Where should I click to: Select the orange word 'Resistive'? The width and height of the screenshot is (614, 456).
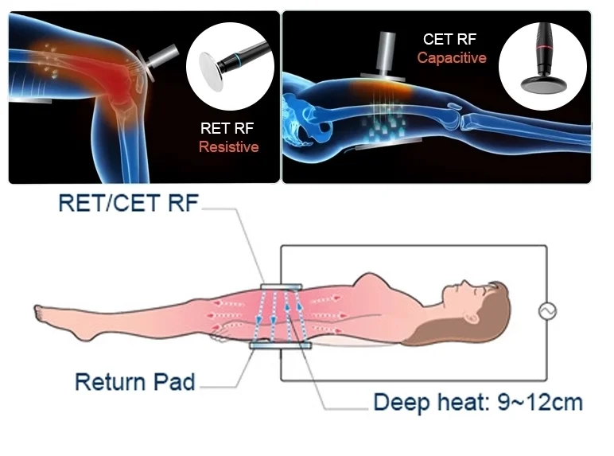[x=228, y=146]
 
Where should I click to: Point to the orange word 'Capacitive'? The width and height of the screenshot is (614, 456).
[x=452, y=57]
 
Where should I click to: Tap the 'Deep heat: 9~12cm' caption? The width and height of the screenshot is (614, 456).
[x=477, y=402]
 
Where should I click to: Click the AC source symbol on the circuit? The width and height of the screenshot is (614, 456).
[x=546, y=311]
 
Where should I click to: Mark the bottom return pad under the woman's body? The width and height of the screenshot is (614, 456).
[x=275, y=345]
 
